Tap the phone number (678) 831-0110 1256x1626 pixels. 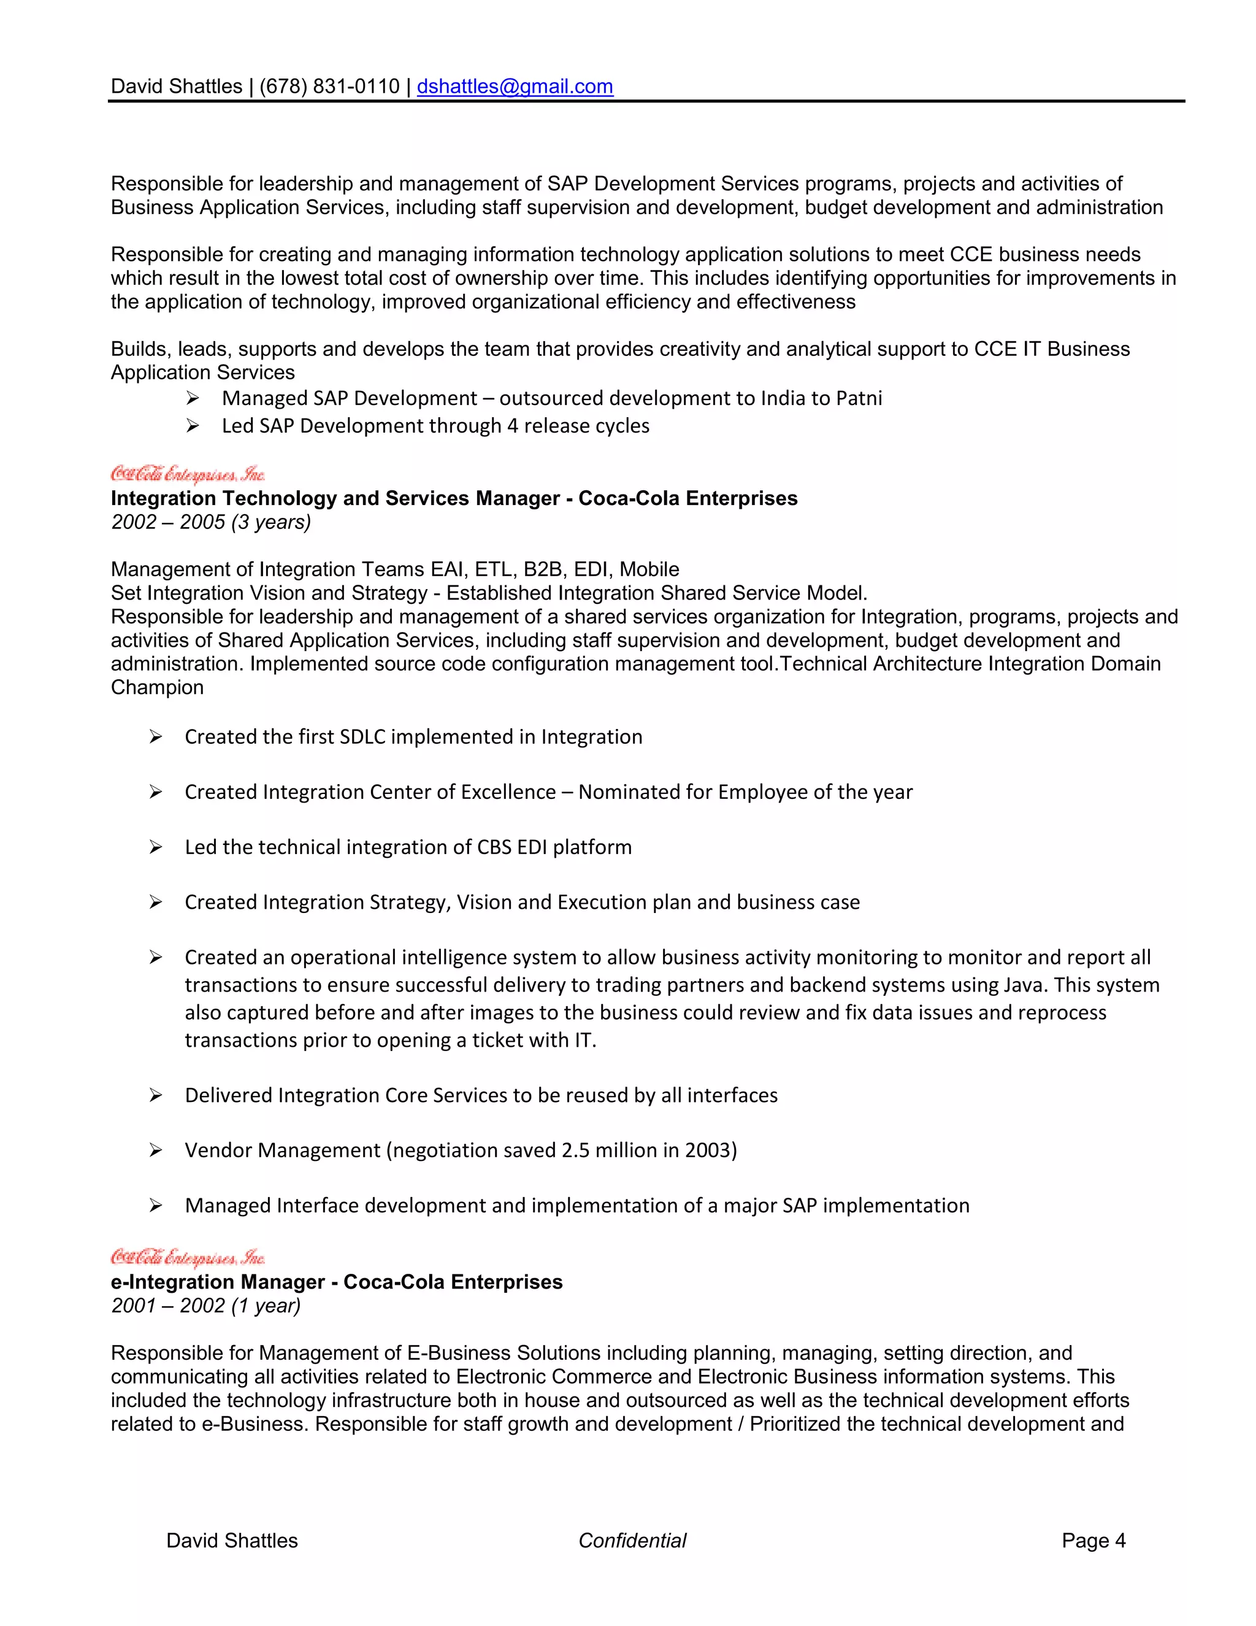pos(329,87)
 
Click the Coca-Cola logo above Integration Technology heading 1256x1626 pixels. pos(188,474)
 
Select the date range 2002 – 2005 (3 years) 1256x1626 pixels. pos(210,522)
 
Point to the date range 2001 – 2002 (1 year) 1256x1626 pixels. pos(205,1306)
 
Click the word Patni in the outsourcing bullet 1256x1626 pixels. pos(859,398)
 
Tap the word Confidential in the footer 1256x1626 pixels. pos(632,1540)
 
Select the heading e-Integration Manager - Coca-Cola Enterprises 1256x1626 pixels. pos(336,1282)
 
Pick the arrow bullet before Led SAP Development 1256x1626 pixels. pos(192,426)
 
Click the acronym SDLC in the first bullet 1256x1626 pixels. pos(362,737)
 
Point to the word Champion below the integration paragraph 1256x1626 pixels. pos(157,687)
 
